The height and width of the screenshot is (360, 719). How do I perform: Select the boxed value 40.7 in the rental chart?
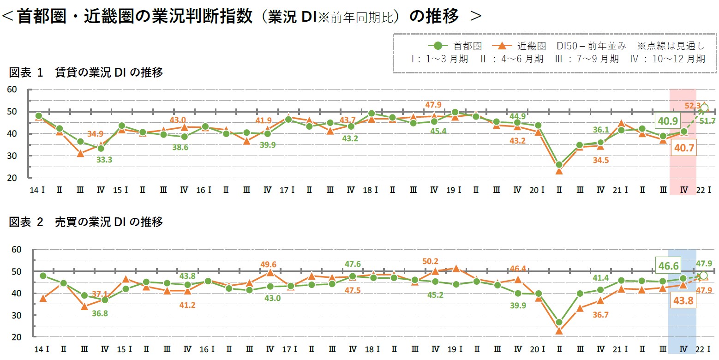coord(683,148)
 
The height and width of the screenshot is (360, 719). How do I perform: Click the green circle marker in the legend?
coord(438,46)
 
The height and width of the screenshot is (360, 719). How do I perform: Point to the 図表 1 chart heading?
coord(86,72)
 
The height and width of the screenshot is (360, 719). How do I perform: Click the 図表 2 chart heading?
coord(86,222)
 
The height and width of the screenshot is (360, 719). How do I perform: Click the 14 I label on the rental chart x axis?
coord(37,189)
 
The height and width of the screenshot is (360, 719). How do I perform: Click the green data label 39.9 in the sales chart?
coord(517,307)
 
